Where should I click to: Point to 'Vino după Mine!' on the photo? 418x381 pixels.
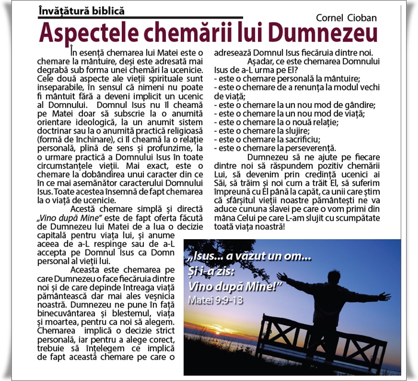point(234,285)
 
